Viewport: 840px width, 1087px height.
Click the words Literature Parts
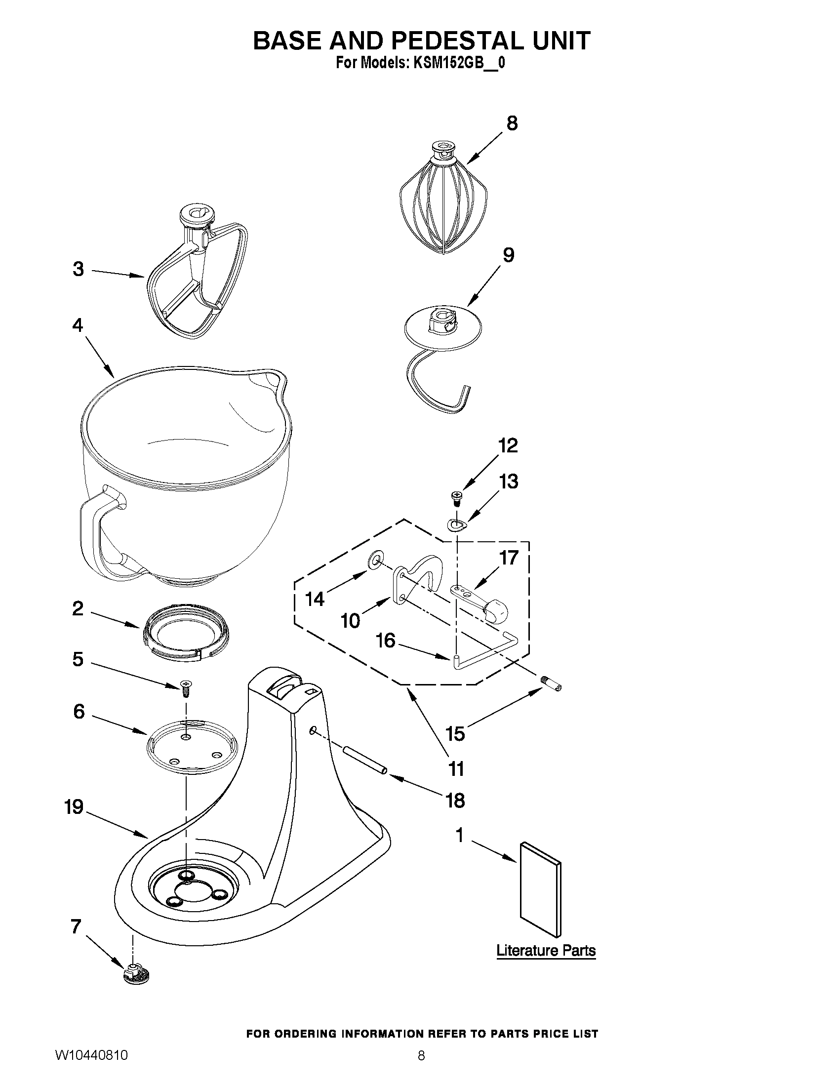tap(546, 951)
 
